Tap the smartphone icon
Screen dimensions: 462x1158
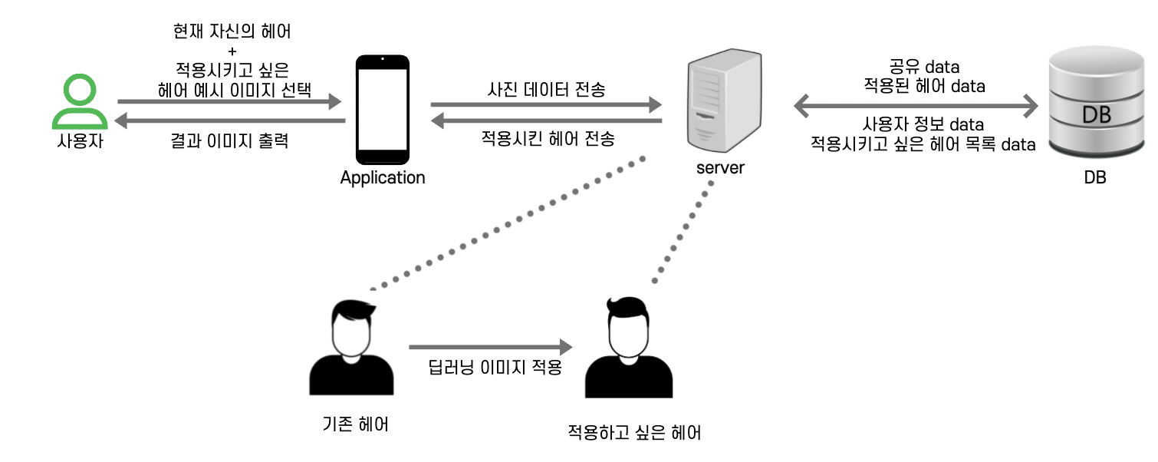[x=382, y=106]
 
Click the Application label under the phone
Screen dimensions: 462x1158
[x=382, y=178]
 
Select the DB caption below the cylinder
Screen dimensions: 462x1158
[x=1094, y=178]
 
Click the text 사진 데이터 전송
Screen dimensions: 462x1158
[x=546, y=90]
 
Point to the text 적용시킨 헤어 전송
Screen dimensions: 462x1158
[x=547, y=139]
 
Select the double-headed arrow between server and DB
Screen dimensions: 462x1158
[x=914, y=105]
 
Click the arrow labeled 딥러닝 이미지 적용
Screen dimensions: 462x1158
[x=491, y=347]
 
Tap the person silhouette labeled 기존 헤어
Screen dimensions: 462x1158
[x=351, y=349]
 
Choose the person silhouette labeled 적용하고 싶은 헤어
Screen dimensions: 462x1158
[x=628, y=349]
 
